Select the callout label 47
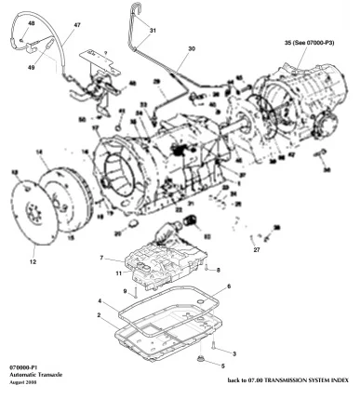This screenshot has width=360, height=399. point(77,26)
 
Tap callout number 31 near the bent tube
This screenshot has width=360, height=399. point(153,30)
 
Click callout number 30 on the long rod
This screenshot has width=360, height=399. point(192,48)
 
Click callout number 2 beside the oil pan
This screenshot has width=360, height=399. point(100,316)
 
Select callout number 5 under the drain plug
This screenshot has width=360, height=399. point(221,367)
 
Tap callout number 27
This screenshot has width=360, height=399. point(256,249)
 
